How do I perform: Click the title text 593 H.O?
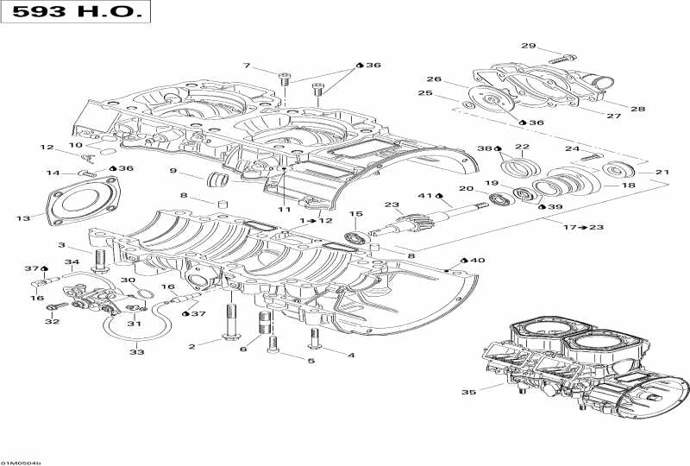[x=74, y=13]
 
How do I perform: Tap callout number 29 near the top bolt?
[x=528, y=47]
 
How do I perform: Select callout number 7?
[x=247, y=66]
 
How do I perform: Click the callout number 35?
[x=467, y=393]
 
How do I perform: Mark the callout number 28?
[x=637, y=109]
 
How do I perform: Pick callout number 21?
[x=662, y=173]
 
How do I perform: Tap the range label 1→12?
[x=316, y=221]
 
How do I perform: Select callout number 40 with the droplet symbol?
[x=475, y=260]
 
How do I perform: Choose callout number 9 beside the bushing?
[x=173, y=170]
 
